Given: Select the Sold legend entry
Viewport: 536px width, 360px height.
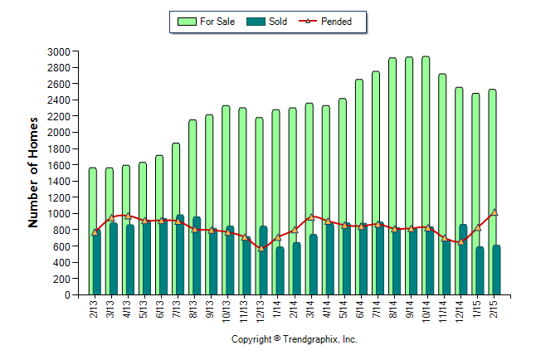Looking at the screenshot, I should [268, 22].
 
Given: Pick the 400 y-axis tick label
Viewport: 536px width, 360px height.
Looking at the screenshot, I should [60, 262].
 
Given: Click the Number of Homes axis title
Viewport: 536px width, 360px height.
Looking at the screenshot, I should [34, 173].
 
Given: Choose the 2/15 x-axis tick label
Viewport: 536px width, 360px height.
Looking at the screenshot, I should [495, 309].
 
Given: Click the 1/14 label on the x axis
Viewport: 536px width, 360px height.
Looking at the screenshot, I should [278, 309].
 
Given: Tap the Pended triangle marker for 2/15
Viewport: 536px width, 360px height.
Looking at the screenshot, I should [495, 212].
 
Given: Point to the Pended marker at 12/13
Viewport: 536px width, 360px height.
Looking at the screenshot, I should [261, 248].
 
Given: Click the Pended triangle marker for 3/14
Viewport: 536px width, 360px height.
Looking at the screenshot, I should [311, 217].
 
